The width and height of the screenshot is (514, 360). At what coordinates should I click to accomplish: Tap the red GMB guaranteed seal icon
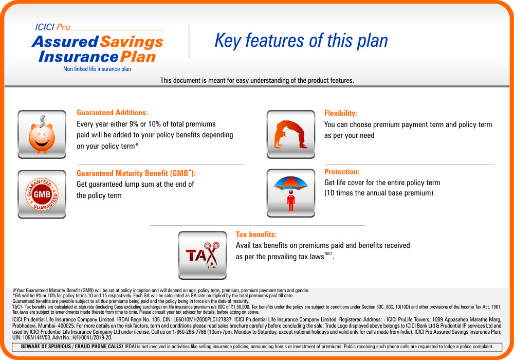click(42, 194)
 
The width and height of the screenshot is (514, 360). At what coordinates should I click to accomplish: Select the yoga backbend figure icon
click(291, 134)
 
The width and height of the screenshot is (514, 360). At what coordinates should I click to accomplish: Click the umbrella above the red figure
click(291, 183)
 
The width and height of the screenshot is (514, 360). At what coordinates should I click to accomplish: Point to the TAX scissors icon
click(202, 255)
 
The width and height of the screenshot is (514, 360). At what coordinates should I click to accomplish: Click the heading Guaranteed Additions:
click(112, 113)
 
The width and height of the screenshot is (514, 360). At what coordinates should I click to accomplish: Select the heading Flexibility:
click(341, 114)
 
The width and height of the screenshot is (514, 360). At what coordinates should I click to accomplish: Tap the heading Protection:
click(342, 172)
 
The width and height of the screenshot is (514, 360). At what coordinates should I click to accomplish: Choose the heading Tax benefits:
click(256, 235)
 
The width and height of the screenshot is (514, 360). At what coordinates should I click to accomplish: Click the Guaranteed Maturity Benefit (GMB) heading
click(136, 173)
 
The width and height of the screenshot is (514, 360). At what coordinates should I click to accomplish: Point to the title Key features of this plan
click(301, 41)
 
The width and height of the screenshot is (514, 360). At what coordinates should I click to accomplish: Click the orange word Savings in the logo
click(132, 42)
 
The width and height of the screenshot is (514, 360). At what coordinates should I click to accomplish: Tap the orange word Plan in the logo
click(138, 57)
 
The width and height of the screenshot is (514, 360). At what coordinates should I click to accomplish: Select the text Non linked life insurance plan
click(97, 69)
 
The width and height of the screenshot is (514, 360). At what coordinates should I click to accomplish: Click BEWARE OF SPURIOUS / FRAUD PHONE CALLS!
click(72, 347)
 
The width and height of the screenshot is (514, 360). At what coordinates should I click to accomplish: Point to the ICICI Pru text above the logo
click(52, 27)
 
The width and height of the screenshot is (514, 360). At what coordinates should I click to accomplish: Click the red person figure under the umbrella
click(291, 202)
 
